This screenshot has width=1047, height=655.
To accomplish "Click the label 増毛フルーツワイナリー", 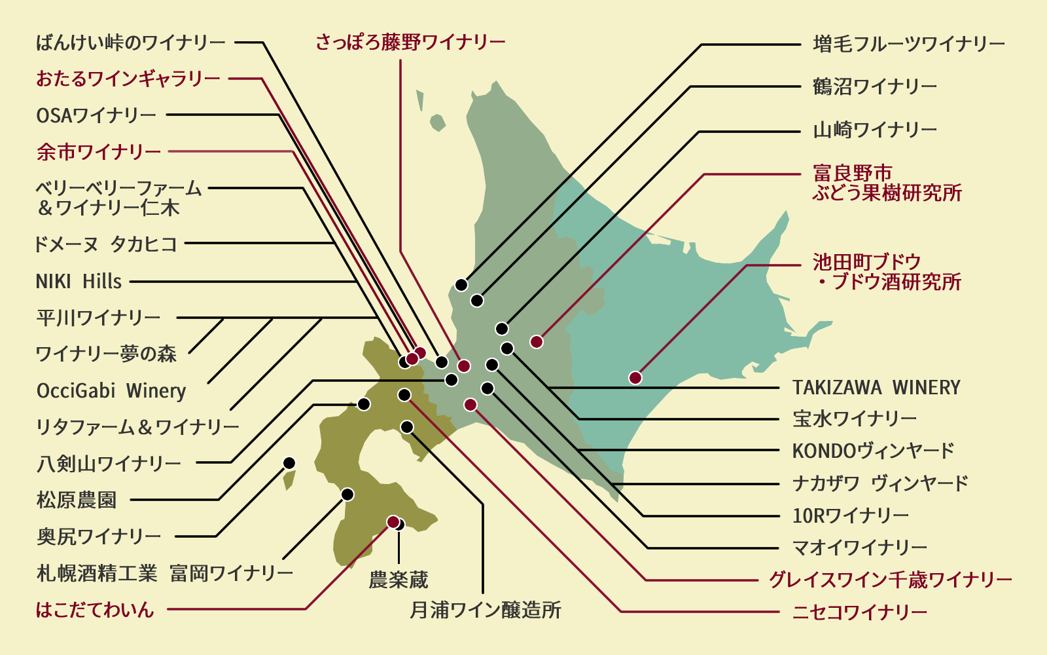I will tap(908, 45).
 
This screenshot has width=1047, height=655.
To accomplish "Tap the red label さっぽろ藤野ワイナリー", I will tap(410, 43).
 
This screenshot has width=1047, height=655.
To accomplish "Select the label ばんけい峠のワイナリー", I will tap(131, 43).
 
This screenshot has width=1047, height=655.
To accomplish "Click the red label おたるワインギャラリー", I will tap(128, 79).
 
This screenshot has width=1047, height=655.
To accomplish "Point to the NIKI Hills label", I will tap(79, 282).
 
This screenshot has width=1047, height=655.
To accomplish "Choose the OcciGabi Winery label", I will tap(111, 391).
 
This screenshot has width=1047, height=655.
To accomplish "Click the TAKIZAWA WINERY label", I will tap(876, 388).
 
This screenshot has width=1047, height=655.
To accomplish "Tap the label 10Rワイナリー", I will tap(850, 516).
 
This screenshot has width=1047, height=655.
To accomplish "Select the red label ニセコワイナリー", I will tap(859, 612).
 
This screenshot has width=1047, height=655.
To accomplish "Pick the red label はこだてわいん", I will tap(95, 610).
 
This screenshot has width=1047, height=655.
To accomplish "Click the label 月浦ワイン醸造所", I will tap(486, 610).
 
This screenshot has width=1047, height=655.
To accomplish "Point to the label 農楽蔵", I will tap(399, 580).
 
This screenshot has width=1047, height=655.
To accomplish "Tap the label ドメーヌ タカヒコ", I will tap(106, 244).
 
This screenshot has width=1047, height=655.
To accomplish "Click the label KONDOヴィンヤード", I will tap(873, 451).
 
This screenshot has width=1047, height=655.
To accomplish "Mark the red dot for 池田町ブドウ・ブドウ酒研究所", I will tap(635, 377).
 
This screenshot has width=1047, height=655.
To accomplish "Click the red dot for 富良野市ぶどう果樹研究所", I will tap(537, 341).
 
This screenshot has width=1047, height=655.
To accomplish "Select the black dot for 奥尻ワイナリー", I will tap(289, 463).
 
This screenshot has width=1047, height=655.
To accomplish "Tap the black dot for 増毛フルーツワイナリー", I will tap(461, 285).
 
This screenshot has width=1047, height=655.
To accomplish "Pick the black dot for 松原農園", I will tap(364, 404).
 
